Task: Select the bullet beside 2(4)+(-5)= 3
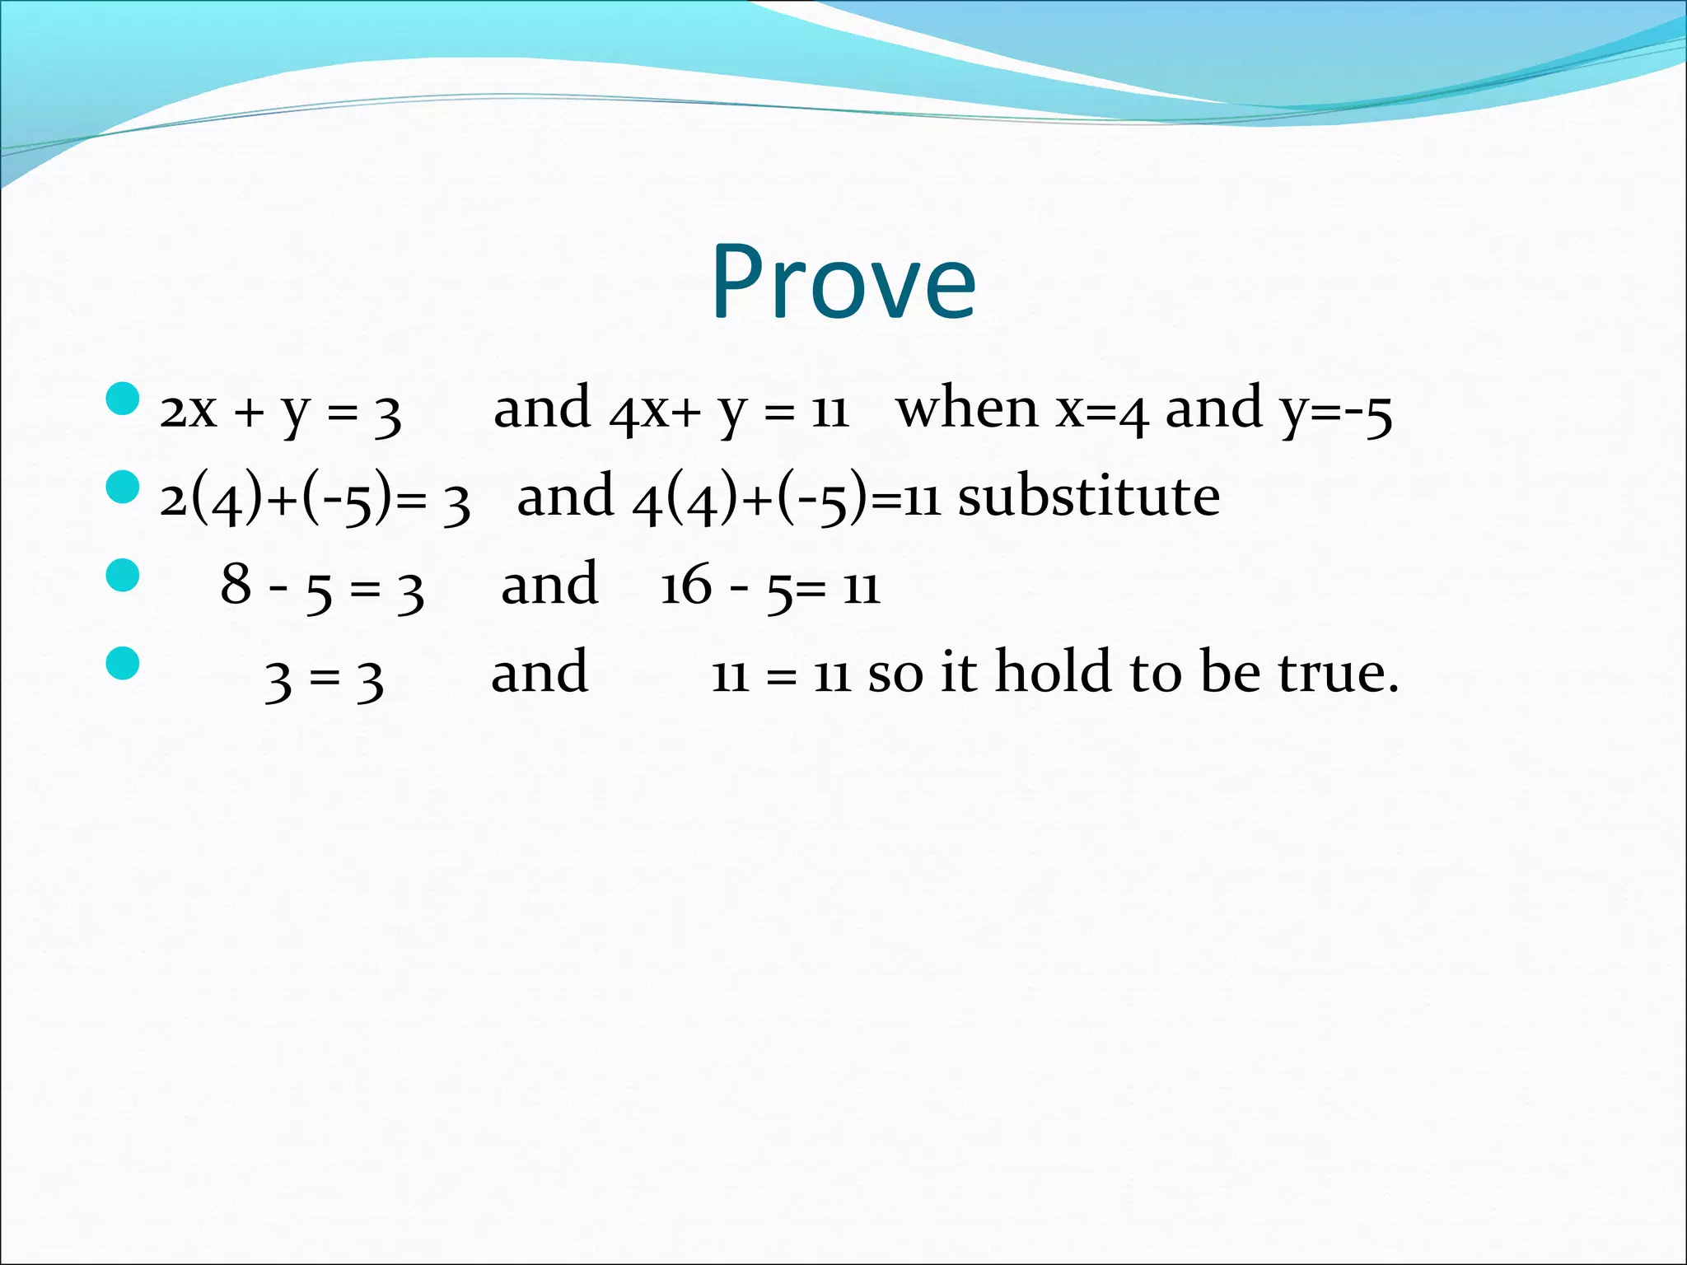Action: (x=123, y=488)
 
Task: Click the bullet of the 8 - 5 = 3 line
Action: (x=123, y=575)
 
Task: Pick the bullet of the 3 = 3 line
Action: (x=123, y=663)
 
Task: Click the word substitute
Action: (x=1088, y=497)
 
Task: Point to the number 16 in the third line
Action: (x=685, y=586)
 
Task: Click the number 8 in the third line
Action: (x=236, y=586)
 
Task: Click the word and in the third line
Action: (x=549, y=584)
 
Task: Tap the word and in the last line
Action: (x=540, y=672)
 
